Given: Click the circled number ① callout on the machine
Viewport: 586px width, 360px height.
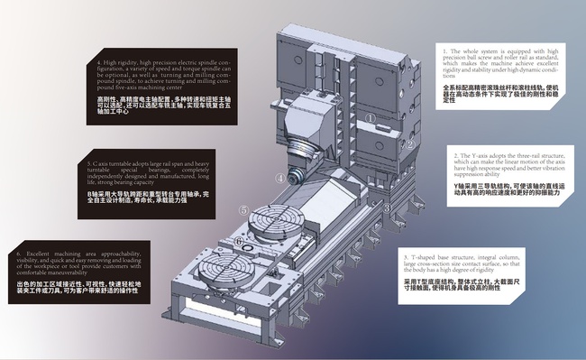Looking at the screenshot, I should tap(371, 116).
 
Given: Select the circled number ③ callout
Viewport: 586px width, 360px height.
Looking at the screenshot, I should tap(387, 207).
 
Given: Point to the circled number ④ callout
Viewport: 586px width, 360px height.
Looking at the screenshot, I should tap(280, 179).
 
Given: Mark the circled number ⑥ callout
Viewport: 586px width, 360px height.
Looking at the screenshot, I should tap(239, 241).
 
